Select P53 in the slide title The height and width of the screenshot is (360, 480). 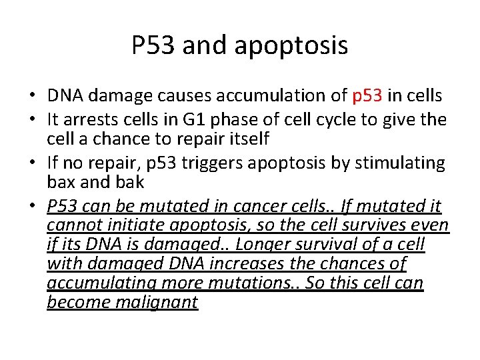click(153, 45)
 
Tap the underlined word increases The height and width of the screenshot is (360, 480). click(252, 264)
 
